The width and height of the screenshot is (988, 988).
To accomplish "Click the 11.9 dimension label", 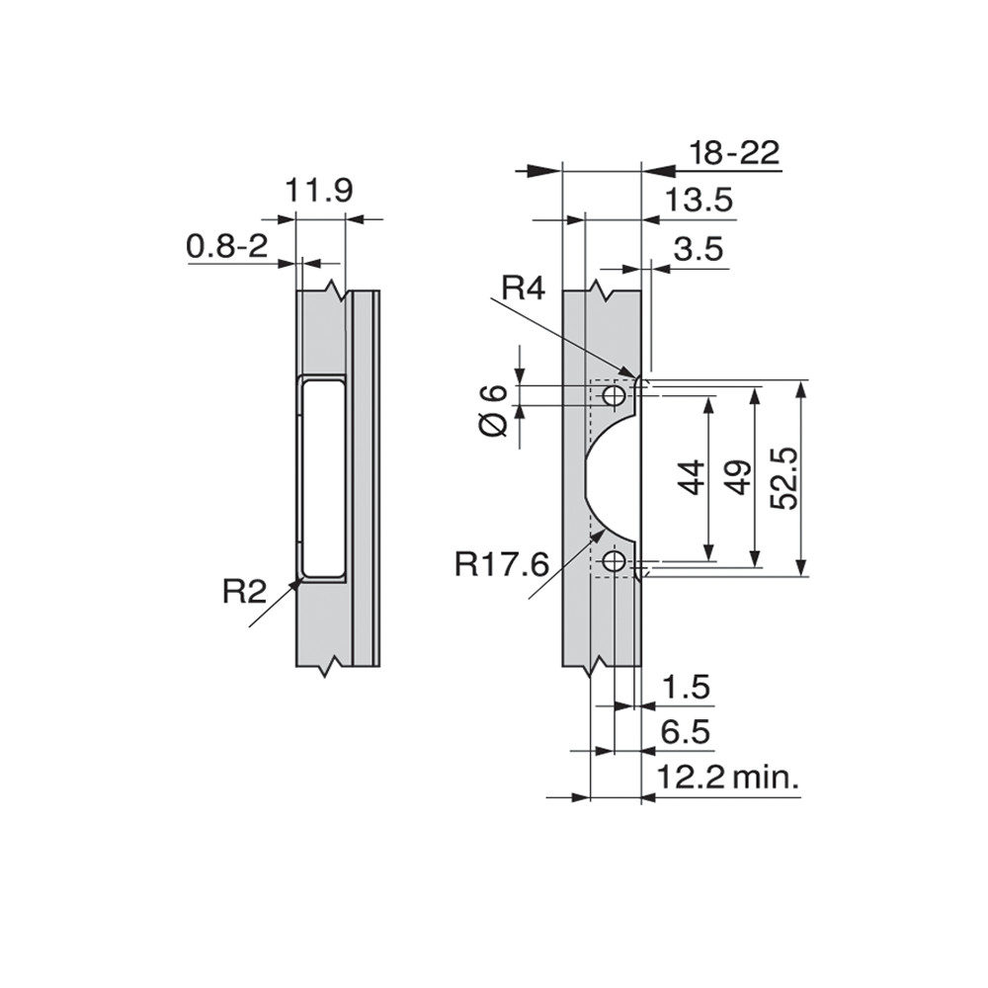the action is click(x=319, y=191).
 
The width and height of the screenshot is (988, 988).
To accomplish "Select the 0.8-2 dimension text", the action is click(x=227, y=246).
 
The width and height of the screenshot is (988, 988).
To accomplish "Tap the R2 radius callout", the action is click(x=244, y=591).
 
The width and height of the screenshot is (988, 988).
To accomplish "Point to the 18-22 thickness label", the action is click(x=734, y=152).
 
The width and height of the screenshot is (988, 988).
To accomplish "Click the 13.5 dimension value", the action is click(x=700, y=201).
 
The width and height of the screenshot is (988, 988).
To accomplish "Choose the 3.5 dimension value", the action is click(x=699, y=250).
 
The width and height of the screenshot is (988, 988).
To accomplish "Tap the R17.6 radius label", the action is click(x=502, y=564).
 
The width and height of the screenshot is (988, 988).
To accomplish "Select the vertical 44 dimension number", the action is click(x=691, y=478).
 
